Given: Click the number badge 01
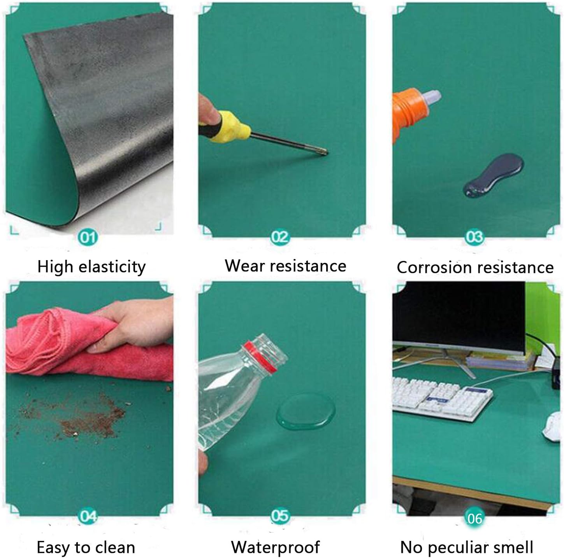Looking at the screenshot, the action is pos(88,237).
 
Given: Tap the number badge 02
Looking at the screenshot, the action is pos(280,237).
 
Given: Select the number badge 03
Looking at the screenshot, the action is pos(474,237).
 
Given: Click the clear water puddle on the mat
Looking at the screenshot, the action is pos(306,411).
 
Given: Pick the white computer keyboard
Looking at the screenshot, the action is pos(442,398).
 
